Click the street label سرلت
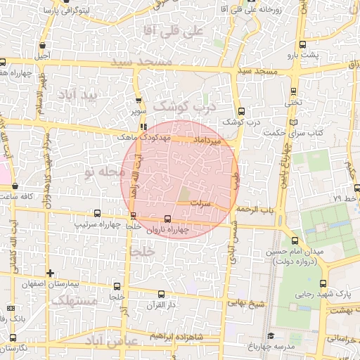coord(203,202)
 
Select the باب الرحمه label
coord(253,210)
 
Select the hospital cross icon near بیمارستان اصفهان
coord(49,272)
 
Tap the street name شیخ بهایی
coord(246,304)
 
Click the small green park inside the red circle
coord(184,194)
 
